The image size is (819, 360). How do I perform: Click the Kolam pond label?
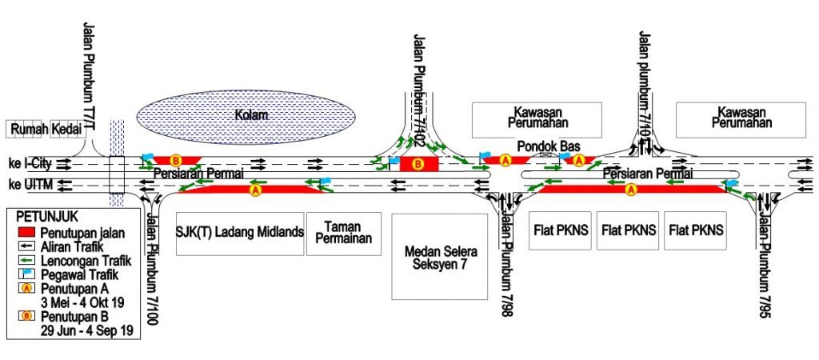(251, 115)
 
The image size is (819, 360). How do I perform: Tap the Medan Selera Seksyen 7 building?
(439, 257)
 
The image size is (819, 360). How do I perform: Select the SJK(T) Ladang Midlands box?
(240, 234)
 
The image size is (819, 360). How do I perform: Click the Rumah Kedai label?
(46, 130)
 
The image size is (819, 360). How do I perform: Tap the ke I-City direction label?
(31, 164)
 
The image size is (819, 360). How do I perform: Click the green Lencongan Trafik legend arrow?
(26, 258)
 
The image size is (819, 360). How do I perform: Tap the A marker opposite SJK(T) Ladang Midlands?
(255, 190)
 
